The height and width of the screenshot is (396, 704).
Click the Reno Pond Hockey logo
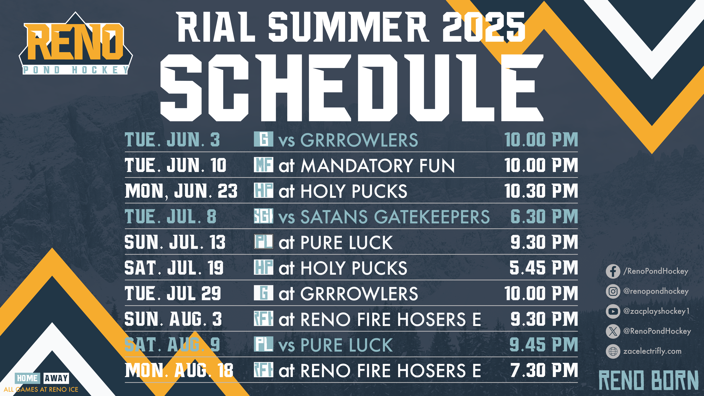[76, 44]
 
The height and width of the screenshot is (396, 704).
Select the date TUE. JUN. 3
[172, 140]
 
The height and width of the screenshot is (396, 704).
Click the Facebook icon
[613, 271]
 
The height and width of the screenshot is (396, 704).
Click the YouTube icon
[613, 311]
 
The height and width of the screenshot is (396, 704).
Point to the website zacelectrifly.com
[652, 351]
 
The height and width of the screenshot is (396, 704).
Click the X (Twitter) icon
[613, 331]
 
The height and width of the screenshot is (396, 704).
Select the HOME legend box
[27, 378]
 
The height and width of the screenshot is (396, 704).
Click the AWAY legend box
[56, 378]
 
